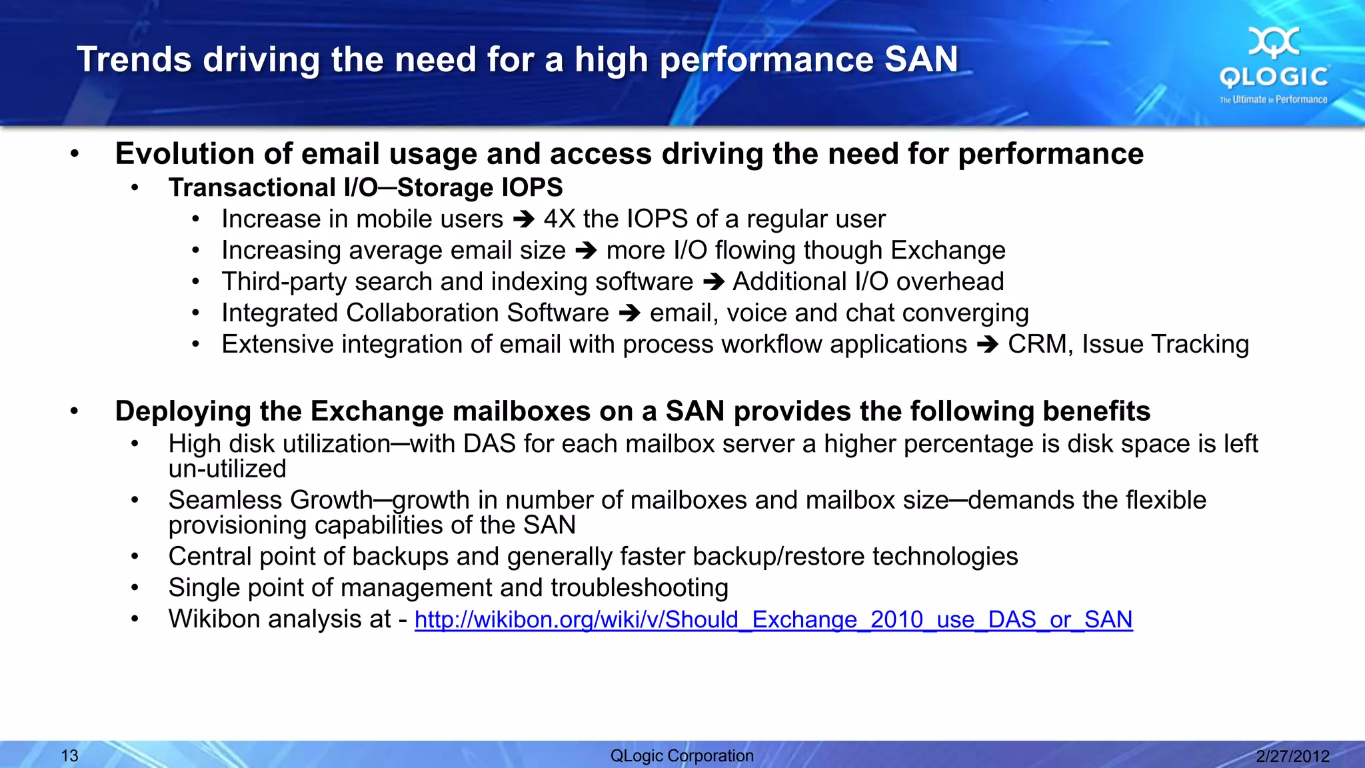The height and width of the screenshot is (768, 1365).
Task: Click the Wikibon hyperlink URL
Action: [773, 620]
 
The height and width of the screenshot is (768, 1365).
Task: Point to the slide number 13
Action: [69, 756]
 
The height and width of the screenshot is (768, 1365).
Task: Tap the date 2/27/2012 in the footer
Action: [1292, 756]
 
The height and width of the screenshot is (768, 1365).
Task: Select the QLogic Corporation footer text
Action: [682, 756]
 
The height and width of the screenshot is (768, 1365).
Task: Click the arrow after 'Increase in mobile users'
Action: [524, 219]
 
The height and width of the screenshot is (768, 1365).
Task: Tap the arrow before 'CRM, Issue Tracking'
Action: [987, 345]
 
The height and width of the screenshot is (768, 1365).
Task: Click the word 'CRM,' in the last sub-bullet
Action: [1040, 345]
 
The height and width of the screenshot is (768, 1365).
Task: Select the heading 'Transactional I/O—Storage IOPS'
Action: [365, 188]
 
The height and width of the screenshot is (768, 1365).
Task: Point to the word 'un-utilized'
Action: [227, 469]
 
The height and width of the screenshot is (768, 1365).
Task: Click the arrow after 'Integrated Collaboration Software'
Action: [629, 313]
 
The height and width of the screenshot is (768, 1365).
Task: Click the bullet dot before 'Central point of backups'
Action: [135, 556]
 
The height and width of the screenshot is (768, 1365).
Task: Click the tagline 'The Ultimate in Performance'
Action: [1273, 100]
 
